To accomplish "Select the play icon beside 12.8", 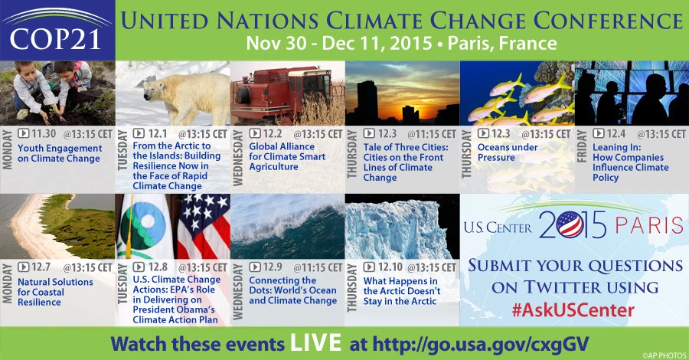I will [138, 267].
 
